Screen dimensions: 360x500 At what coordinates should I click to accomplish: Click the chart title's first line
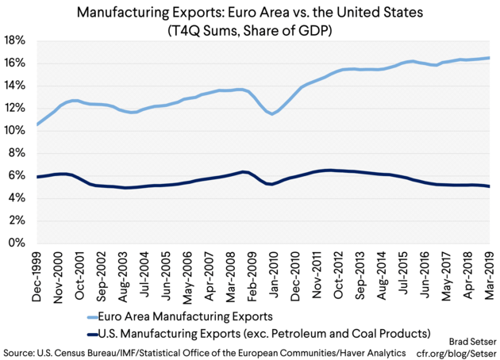pos(250,13)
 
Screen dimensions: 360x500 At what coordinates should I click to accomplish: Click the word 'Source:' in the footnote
pos(23,350)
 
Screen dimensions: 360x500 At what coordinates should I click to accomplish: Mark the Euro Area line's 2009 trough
pos(273,113)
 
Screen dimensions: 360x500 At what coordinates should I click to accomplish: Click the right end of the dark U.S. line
pos(489,186)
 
